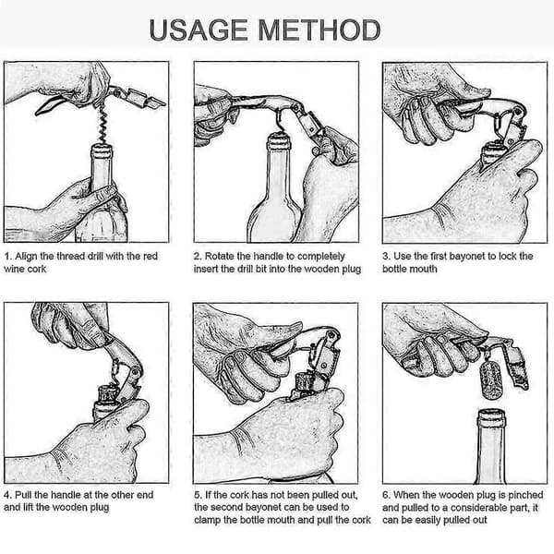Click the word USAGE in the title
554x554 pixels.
pyautogui.click(x=199, y=30)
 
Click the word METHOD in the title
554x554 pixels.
pyautogui.click(x=319, y=30)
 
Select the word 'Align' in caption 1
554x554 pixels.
pyautogui.click(x=26, y=257)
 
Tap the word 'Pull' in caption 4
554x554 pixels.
pyautogui.click(x=23, y=495)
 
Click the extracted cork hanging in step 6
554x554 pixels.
pyautogui.click(x=491, y=379)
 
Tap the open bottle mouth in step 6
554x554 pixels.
pyautogui.click(x=491, y=416)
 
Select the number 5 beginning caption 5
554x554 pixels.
pyautogui.click(x=197, y=495)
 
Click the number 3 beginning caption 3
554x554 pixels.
pyautogui.click(x=385, y=257)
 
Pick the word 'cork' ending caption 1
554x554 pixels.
pyautogui.click(x=37, y=269)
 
